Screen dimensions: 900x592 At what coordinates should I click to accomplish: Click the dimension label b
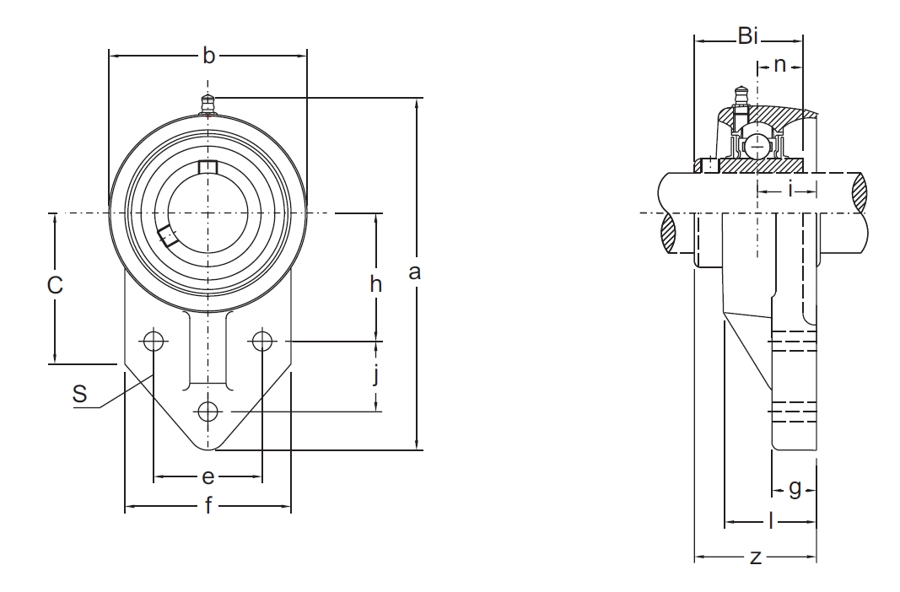[x=209, y=56]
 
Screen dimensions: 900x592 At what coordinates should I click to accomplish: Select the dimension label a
[x=414, y=272]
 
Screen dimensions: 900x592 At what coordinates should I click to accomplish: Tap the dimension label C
[x=55, y=284]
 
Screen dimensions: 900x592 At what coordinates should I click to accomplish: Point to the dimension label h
[x=376, y=283]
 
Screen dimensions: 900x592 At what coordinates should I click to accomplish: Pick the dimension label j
[x=376, y=376]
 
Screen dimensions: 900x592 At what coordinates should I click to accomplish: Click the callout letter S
[x=80, y=394]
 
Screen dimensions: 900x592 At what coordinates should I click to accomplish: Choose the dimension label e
[x=208, y=476]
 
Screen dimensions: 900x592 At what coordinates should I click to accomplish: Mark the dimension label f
[x=208, y=505]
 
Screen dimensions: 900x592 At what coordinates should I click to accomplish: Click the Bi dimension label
[x=748, y=37]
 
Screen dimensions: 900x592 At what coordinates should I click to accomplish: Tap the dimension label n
[x=779, y=65]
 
